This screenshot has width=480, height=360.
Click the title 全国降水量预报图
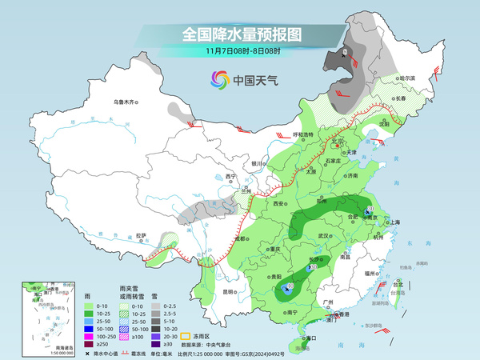pyautogui.click(x=241, y=34)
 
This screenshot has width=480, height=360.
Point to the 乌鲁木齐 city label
pyautogui.click(x=126, y=102)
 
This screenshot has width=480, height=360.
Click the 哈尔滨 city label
pyautogui.click(x=407, y=78)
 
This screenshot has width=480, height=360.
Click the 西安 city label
pyautogui.click(x=279, y=205)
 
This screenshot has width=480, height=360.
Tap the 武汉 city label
pyautogui.click(x=323, y=237)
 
